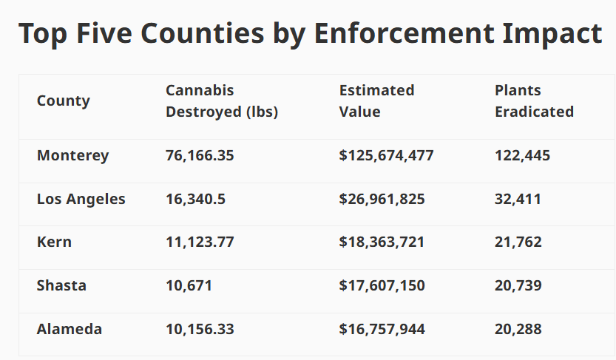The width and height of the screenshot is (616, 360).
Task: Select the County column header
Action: pos(64,101)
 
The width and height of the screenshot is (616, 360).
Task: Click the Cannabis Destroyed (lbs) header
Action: pos(222,101)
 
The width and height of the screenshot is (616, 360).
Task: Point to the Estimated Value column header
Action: pos(376,101)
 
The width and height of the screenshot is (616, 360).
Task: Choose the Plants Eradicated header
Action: pos(534,101)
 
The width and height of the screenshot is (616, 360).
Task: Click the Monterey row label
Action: pos(72,156)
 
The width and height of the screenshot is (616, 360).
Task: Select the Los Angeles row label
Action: pos(81,199)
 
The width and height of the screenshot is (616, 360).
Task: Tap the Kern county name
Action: pos(54,242)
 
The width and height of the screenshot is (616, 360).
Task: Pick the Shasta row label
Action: pos(61,285)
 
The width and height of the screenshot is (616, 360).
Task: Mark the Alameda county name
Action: pos(70,329)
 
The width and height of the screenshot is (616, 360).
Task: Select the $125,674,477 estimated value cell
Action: pos(386,156)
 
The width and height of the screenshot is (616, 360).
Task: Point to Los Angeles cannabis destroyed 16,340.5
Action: pos(196,199)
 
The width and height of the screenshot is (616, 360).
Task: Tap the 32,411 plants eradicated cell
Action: pos(518,199)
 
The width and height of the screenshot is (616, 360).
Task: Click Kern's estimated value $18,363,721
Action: pos(382,242)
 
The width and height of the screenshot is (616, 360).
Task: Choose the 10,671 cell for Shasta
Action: pos(189,285)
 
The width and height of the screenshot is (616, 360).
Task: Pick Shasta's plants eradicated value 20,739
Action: pos(518,285)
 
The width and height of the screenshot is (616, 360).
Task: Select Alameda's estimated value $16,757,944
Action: pos(382,329)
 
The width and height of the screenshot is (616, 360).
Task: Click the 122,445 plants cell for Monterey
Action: pos(522,156)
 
